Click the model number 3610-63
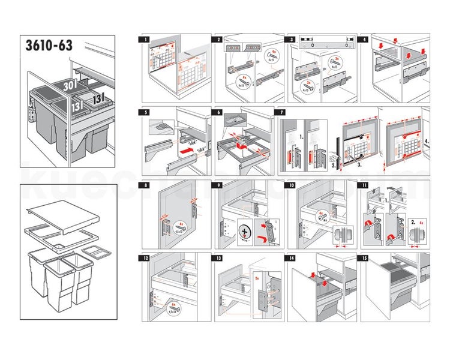53,47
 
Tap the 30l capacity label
69,85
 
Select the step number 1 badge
143,39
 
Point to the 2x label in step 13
259,278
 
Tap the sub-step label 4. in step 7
425,143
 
